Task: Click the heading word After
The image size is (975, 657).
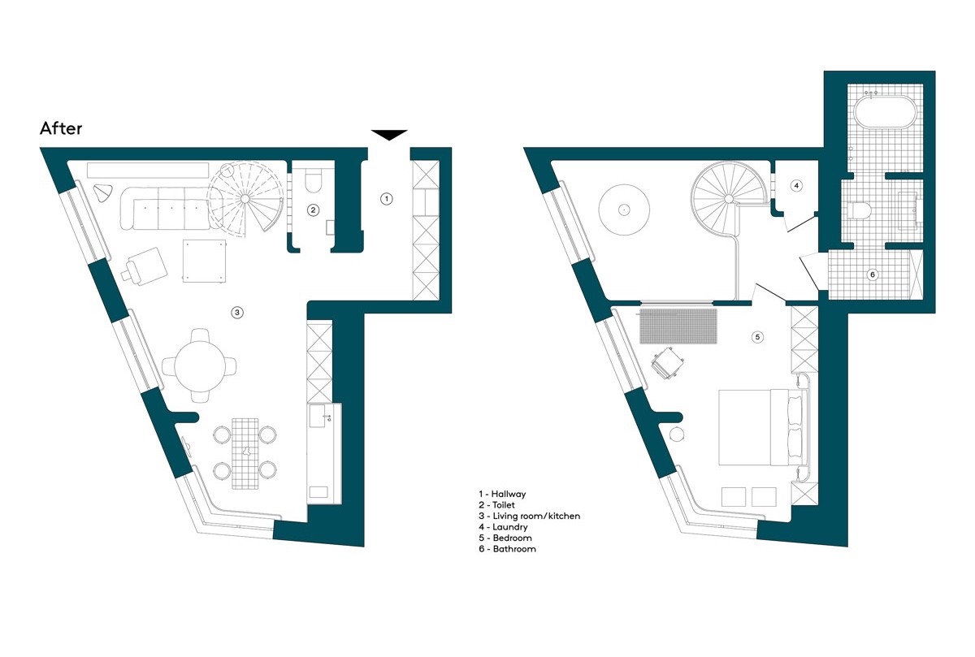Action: pyautogui.click(x=61, y=128)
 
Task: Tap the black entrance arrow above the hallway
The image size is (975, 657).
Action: pyautogui.click(x=389, y=135)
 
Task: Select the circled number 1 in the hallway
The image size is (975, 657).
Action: pyautogui.click(x=387, y=199)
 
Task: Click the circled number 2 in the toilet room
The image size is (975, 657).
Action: pyautogui.click(x=313, y=210)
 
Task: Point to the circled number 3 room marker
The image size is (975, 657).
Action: pyautogui.click(x=237, y=313)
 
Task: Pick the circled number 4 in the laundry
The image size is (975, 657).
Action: pyautogui.click(x=796, y=186)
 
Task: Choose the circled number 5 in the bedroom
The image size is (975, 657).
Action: pyautogui.click(x=758, y=337)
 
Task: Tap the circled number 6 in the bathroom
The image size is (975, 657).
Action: pyautogui.click(x=873, y=274)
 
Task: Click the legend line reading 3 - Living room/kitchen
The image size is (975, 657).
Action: pyautogui.click(x=529, y=516)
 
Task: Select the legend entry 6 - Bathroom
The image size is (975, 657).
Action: pyautogui.click(x=507, y=549)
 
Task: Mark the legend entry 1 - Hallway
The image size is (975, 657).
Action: pyautogui.click(x=502, y=494)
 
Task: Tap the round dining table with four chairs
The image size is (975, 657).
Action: pyautogui.click(x=200, y=366)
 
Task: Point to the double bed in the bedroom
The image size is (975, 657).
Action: pyautogui.click(x=761, y=428)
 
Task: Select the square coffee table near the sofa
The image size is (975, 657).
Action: pyautogui.click(x=204, y=261)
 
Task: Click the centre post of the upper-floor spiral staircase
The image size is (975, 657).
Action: pyautogui.click(x=729, y=199)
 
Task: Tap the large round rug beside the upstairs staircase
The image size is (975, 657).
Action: pyautogui.click(x=624, y=210)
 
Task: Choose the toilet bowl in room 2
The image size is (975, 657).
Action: pyautogui.click(x=313, y=182)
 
